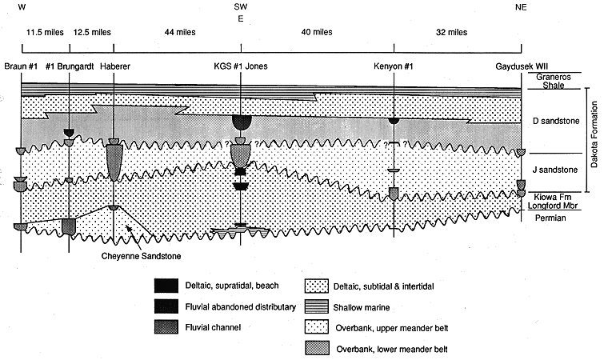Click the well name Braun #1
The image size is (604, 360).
(x=21, y=66)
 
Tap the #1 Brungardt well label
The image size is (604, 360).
(x=70, y=66)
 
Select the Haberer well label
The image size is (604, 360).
(x=115, y=66)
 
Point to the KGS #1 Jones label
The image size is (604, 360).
(x=241, y=66)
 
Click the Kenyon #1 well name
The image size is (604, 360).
(x=394, y=66)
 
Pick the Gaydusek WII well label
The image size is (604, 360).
(x=522, y=66)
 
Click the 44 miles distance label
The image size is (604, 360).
(x=180, y=32)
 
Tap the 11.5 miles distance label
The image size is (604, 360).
(x=45, y=32)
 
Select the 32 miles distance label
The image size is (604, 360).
(x=451, y=32)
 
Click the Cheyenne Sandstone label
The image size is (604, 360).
(x=141, y=256)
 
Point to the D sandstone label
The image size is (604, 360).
(x=556, y=121)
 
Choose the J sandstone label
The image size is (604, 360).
(x=554, y=170)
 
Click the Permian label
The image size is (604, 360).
(x=550, y=218)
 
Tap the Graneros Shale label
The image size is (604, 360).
(x=554, y=82)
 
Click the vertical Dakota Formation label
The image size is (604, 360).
(x=594, y=134)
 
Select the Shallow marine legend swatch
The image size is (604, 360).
(x=317, y=307)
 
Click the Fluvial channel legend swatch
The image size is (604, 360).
(x=166, y=327)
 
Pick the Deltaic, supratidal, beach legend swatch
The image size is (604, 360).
(x=166, y=286)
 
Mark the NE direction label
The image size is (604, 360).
(x=521, y=7)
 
